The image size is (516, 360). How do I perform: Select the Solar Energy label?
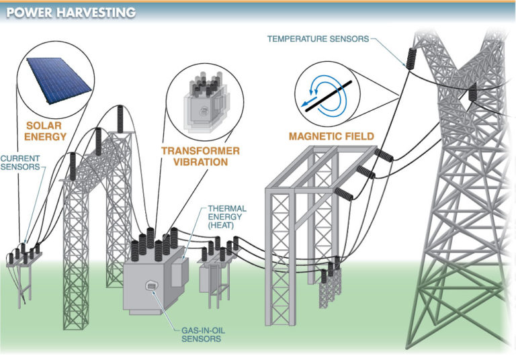46,131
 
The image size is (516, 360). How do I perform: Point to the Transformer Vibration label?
195,156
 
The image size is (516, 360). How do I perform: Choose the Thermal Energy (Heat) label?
227,220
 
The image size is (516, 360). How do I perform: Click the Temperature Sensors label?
318,38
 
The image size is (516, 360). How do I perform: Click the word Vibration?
196,162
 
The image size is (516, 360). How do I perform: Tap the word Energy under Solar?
46,137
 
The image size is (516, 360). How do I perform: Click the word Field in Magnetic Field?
358,136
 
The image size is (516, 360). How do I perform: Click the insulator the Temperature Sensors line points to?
410,58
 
